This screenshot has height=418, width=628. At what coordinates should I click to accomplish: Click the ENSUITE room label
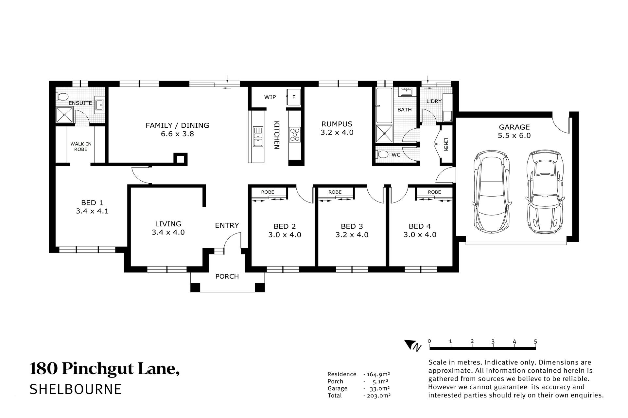[80, 103]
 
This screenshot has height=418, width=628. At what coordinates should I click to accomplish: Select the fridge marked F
[293, 97]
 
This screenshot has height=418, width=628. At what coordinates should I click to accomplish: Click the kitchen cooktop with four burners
[295, 135]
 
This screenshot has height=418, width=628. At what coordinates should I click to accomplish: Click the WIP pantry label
[270, 97]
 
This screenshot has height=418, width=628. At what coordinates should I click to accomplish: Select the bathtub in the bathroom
[384, 105]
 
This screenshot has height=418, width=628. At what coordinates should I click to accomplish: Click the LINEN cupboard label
[445, 144]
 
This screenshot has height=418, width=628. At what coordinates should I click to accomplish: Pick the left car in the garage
[491, 192]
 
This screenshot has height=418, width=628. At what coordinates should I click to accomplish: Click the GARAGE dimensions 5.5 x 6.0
[514, 136]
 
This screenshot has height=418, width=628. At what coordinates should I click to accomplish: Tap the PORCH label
[227, 277]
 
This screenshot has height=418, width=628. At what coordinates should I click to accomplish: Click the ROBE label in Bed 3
[335, 192]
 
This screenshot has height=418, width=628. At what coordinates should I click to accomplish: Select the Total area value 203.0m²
[377, 395]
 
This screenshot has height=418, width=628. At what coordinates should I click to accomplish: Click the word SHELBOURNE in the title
[76, 389]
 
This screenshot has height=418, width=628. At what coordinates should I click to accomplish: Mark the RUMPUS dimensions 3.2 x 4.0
[337, 133]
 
